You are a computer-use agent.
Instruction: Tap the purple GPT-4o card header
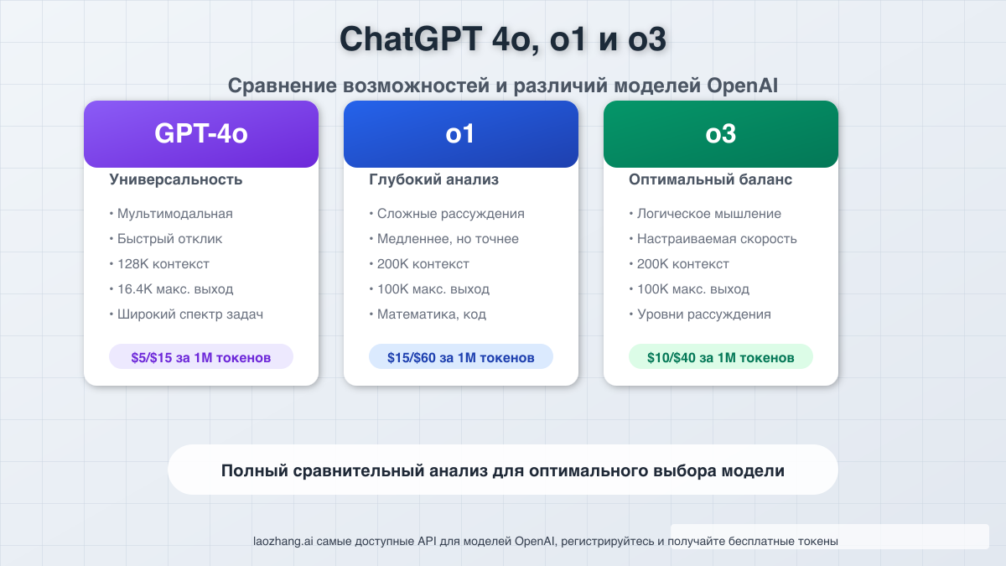point(201,134)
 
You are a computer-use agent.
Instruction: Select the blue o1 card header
point(461,134)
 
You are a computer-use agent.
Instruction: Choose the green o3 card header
point(721,134)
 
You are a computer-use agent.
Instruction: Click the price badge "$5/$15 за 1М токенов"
point(201,357)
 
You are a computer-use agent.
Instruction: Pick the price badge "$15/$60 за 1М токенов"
point(461,357)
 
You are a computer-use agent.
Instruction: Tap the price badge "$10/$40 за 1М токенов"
point(721,357)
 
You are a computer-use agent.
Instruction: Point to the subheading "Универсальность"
point(176,179)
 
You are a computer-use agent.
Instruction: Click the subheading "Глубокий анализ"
point(433,179)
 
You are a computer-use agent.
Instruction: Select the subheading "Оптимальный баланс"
point(710,179)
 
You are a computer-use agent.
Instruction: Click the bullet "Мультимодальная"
point(174,214)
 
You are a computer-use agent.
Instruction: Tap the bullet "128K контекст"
point(163,264)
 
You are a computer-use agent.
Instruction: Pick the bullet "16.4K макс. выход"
point(174,289)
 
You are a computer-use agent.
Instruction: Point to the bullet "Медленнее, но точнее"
point(448,239)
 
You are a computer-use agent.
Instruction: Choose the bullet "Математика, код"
point(431,314)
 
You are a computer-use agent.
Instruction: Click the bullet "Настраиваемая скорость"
point(716,239)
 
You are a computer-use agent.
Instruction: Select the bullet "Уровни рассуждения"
point(703,314)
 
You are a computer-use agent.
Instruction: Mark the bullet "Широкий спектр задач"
point(190,314)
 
